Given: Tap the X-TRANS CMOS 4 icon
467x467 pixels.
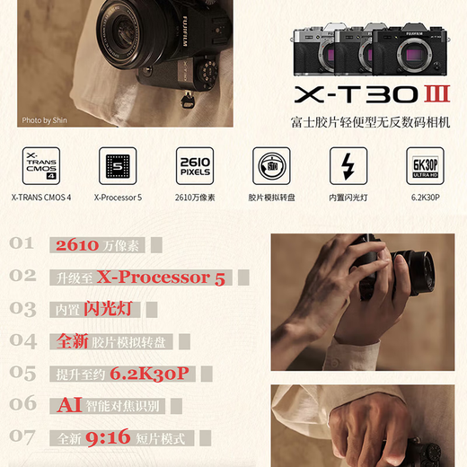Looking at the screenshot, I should coord(40,166).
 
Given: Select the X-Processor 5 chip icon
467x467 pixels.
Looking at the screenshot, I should coord(117,166).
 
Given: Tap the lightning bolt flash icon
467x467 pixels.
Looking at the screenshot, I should coord(348,166).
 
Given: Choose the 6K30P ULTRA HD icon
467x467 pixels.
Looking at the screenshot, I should coord(424,166).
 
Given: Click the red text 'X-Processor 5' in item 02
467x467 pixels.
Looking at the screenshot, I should coord(161,278).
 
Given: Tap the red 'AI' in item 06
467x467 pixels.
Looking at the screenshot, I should coord(69,406).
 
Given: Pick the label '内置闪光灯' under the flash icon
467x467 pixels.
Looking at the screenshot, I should coord(348,198).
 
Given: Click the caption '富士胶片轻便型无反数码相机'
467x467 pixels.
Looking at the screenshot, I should coord(369,122).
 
